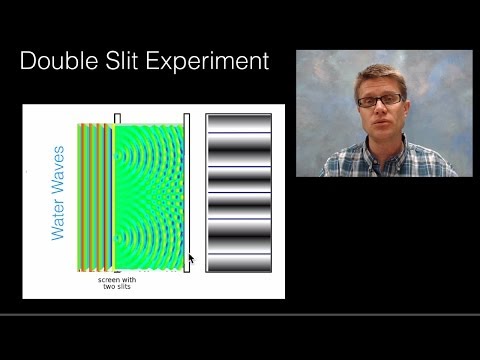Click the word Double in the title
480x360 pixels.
pyautogui.click(x=64, y=62)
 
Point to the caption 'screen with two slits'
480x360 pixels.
pyautogui.click(x=118, y=283)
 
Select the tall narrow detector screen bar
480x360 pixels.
pyautogui.click(x=186, y=190)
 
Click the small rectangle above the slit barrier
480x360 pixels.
pyautogui.click(x=117, y=118)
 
